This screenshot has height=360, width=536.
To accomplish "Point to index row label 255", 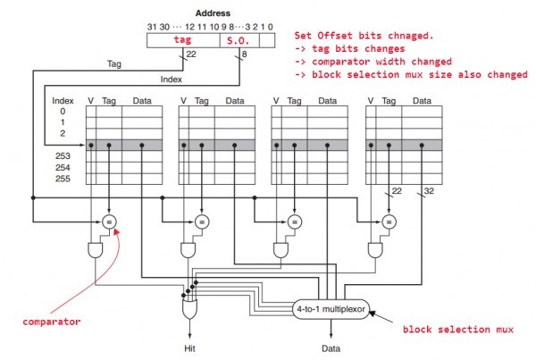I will pyautogui.click(x=62, y=178).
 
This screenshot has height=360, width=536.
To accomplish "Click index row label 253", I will pyautogui.click(x=62, y=155).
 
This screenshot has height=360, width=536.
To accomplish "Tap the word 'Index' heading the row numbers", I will pyautogui.click(x=63, y=101).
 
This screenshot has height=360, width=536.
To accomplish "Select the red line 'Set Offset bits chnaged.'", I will pyautogui.click(x=366, y=35).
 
